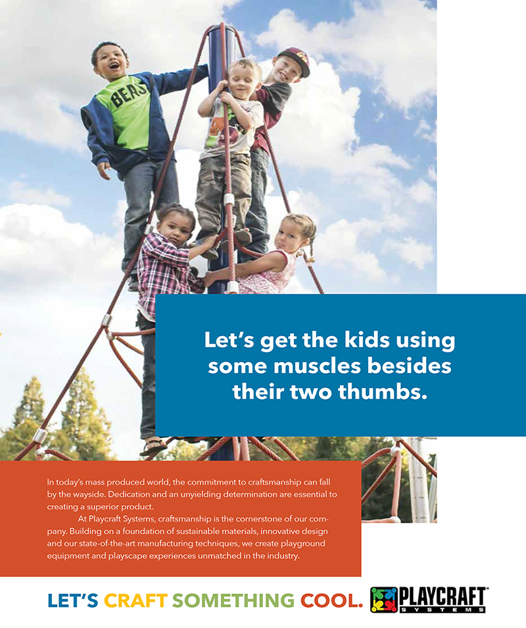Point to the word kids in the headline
(x=367, y=339)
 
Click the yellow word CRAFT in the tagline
(x=135, y=600)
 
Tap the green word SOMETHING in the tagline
(x=233, y=600)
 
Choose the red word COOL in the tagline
(x=331, y=600)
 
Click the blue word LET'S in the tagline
(x=73, y=600)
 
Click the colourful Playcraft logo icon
(x=383, y=600)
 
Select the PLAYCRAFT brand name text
(x=442, y=597)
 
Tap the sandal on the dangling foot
(x=153, y=447)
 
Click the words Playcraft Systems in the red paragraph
(x=122, y=519)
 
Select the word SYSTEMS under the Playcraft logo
(x=442, y=610)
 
